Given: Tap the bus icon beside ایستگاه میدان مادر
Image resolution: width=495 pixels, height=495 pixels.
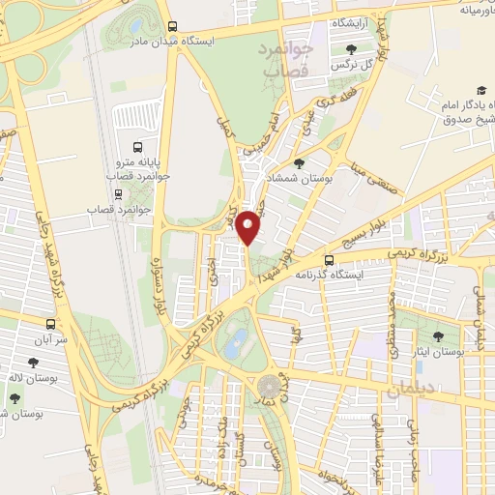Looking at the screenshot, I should click(x=172, y=27).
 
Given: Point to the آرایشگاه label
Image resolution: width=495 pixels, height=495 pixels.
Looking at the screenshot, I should click(x=356, y=21).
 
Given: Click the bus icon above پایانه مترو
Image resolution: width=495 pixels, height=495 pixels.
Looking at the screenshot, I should click(x=138, y=149).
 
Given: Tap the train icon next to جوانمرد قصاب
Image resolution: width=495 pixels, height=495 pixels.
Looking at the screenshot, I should click(x=119, y=191).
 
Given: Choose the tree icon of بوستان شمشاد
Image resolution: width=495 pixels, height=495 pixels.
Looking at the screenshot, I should click(x=298, y=163).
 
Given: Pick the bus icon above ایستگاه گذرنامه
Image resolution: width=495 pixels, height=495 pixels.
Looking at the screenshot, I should click(x=330, y=260).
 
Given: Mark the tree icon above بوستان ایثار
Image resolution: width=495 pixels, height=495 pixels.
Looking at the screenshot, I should click(x=438, y=337).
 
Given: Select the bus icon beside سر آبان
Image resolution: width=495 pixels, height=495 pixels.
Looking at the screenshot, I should click(x=51, y=324).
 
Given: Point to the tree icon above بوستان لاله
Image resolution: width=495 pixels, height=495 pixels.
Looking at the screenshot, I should click(x=34, y=363).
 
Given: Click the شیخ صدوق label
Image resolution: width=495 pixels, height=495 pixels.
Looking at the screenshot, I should click(x=464, y=120).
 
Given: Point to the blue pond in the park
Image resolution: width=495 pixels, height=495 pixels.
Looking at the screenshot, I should click(x=235, y=341).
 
